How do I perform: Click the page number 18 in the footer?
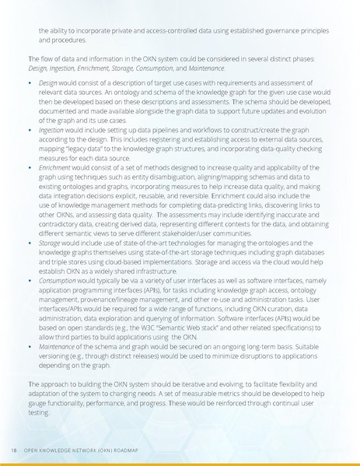(x=14, y=450)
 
